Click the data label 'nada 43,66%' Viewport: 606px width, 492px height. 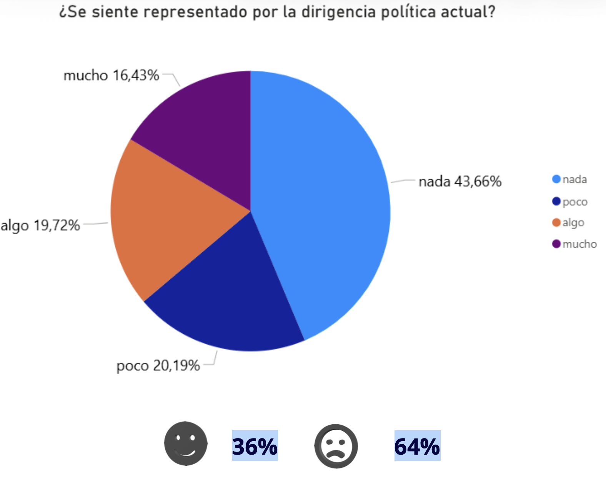click(460, 181)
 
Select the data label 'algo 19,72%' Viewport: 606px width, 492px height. click(40, 226)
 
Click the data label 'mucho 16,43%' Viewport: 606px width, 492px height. click(111, 75)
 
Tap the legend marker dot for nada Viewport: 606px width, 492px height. click(556, 179)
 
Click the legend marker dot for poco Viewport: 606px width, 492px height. click(556, 201)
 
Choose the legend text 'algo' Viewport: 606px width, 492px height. click(573, 223)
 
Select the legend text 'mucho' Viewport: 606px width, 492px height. click(579, 244)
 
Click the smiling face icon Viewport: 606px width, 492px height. click(186, 443)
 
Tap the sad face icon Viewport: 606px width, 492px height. click(336, 446)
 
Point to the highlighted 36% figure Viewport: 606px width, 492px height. click(255, 446)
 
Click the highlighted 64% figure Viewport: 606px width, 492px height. click(417, 446)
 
